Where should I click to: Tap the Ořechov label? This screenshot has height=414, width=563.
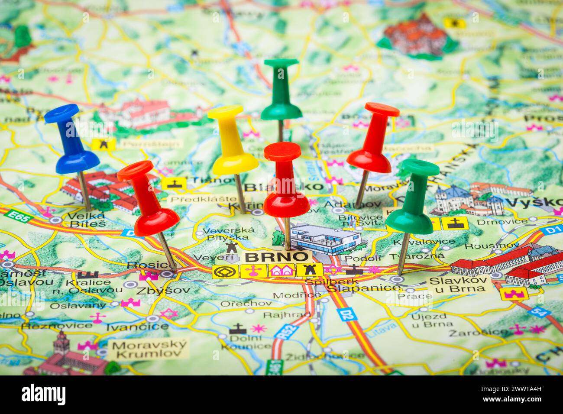point(246,303)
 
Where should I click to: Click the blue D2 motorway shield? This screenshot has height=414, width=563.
point(346,314)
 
